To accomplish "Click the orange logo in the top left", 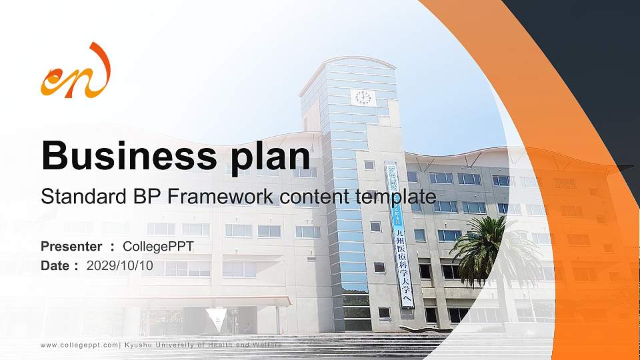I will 75,71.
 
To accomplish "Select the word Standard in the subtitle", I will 75,197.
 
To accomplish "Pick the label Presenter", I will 71,247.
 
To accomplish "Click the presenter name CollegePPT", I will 158,247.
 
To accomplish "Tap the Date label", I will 56,265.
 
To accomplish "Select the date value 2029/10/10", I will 120,265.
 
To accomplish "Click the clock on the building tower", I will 363,97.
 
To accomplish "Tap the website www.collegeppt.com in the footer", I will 79,345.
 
